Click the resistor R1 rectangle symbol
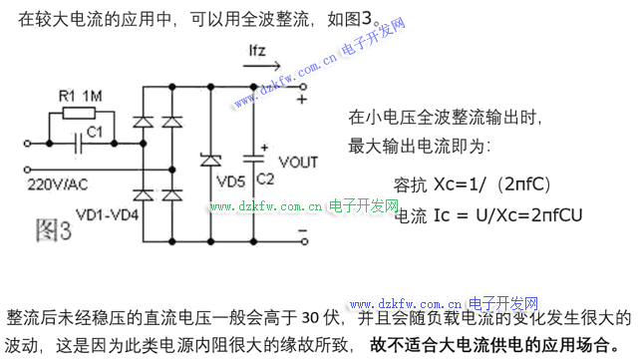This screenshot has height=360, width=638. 79,113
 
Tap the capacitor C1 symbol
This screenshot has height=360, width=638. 79,144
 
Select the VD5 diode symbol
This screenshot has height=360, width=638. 210,160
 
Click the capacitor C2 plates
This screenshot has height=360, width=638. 253,159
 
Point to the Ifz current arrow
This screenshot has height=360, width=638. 262,66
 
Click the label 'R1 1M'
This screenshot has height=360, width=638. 80,96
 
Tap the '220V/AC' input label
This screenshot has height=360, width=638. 58,184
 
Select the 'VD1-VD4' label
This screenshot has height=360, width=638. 108,214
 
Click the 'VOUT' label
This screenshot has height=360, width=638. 298,163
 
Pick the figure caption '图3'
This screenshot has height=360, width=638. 53,230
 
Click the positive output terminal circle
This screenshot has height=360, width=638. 303,87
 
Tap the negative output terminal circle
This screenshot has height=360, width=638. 304,242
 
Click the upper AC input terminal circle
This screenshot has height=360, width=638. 27,144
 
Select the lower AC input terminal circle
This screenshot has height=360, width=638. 27,170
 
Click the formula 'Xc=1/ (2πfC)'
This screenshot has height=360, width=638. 492,184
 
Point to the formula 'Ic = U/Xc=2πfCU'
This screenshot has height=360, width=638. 507,215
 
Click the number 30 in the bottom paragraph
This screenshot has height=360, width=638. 311,318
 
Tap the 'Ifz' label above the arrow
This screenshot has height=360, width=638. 257,51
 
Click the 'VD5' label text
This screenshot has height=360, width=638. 230,181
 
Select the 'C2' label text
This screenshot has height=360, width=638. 265,180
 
